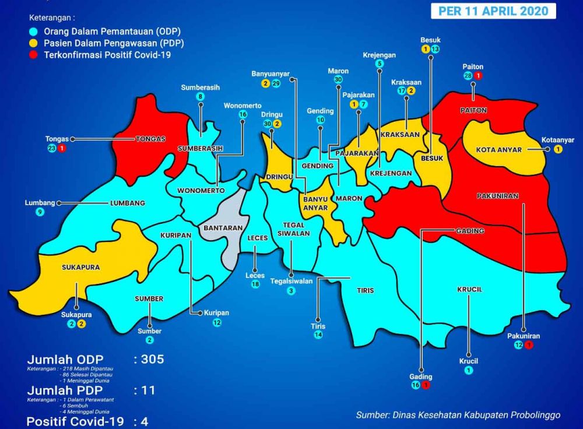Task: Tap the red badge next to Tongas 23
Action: (62, 149)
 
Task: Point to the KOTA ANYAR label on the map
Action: (498, 150)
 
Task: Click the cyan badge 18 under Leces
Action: (255, 284)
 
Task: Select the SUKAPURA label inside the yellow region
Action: (80, 268)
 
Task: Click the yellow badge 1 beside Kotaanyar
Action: (558, 149)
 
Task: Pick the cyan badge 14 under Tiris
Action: (318, 335)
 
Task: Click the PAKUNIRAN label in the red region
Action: (497, 196)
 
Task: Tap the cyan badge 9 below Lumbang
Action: (40, 212)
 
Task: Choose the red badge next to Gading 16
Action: (426, 385)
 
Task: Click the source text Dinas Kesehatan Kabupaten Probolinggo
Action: (458, 415)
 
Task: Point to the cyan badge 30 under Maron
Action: (338, 80)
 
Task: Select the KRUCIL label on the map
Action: (469, 289)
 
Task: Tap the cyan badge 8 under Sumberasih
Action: (201, 97)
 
